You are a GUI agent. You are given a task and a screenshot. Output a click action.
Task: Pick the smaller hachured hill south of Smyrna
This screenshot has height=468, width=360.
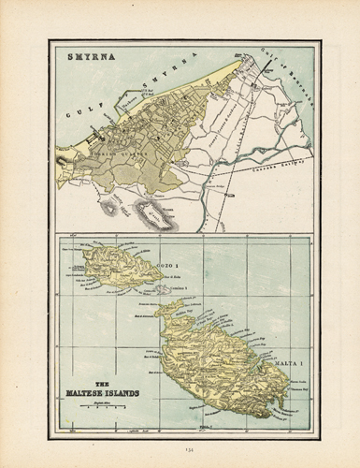point(109,208)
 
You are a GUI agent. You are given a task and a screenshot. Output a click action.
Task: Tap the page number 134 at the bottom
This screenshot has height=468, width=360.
point(180,452)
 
